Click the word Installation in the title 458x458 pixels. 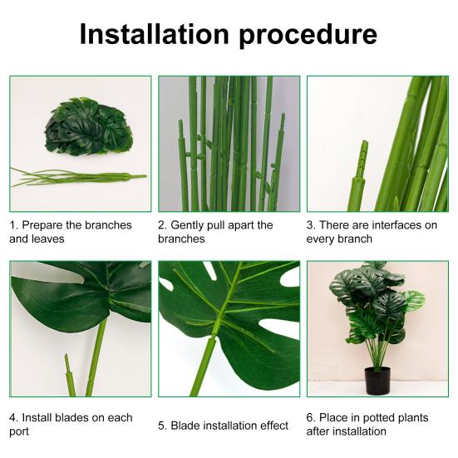(x=155, y=34)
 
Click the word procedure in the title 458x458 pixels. (x=308, y=37)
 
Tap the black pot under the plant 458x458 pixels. (x=377, y=381)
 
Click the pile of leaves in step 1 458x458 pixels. (x=88, y=126)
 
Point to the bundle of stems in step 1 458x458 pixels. (x=78, y=176)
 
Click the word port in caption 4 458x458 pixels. (x=19, y=432)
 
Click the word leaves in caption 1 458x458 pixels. (x=48, y=239)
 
